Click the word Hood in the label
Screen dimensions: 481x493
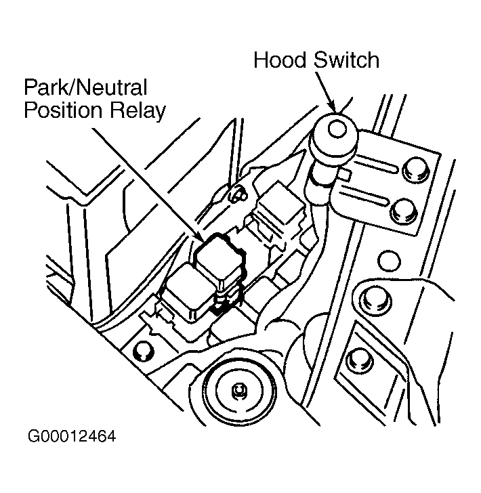pos(280,60)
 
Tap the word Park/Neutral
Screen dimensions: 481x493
pos(85,87)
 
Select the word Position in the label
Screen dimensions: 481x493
pos(63,110)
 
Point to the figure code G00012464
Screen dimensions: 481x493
pos(72,436)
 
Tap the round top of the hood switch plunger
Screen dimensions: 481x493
pos(337,129)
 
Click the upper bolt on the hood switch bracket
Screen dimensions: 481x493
pos(416,170)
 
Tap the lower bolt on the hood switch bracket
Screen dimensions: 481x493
pos(403,211)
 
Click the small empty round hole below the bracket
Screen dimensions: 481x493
pos(389,261)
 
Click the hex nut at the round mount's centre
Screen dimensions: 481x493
pos(239,391)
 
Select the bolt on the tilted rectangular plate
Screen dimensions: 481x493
pos(360,360)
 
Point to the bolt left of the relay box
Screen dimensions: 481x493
pos(143,351)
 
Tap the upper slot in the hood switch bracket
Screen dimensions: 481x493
pos(375,165)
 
